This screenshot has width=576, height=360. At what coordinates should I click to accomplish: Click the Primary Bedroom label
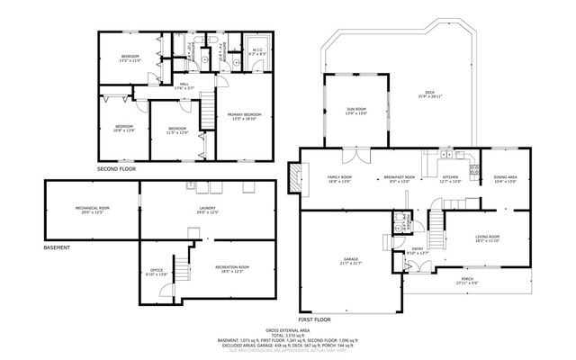coord(244,116)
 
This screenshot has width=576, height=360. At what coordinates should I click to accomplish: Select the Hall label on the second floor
coord(183,86)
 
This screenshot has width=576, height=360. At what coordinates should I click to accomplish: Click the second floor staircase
coord(207,112)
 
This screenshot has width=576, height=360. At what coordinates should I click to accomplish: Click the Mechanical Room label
coord(92,210)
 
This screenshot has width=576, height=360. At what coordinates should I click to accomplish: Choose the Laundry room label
coord(208,210)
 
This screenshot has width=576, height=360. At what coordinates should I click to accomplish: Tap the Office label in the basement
coord(157,272)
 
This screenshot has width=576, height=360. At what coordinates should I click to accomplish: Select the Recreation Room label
coord(231,268)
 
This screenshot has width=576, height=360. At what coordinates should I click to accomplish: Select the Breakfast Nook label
coord(398,179)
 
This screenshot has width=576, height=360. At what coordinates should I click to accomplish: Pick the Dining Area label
coord(505,179)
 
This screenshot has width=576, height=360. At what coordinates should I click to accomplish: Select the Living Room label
coord(487,238)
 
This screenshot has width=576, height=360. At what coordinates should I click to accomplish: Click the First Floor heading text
coord(315,319)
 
